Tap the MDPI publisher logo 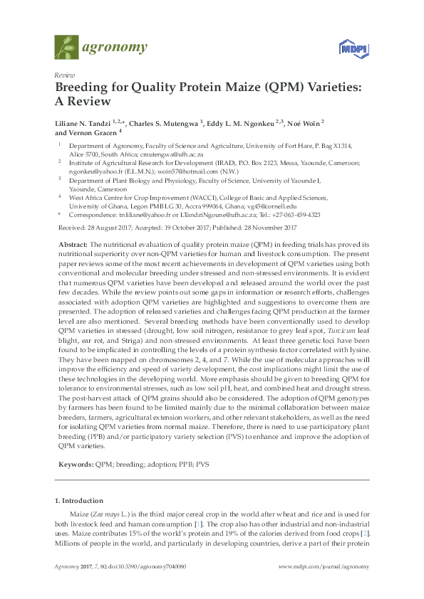point(350,48)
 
